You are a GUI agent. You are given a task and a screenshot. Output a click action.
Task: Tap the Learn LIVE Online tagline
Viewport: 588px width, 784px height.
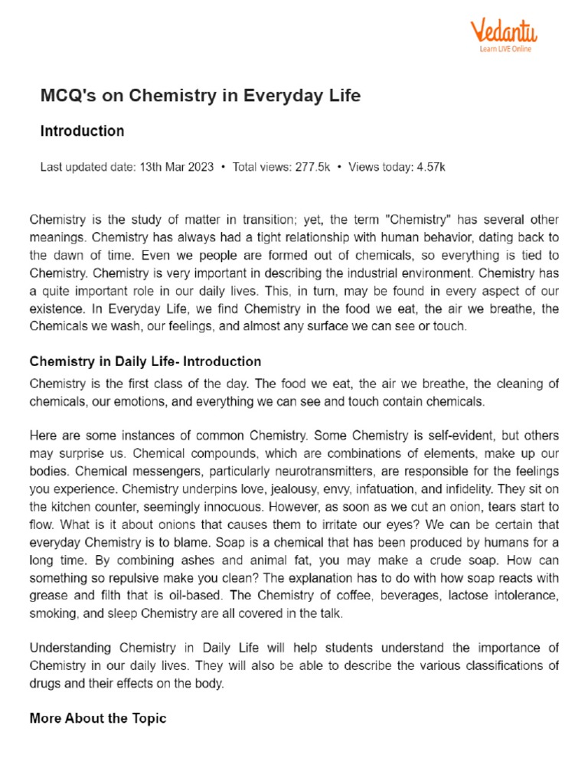[505, 49]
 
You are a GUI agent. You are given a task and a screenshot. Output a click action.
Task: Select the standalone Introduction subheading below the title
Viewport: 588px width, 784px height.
[82, 131]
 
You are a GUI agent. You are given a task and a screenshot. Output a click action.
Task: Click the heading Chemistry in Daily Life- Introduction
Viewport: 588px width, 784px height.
[145, 361]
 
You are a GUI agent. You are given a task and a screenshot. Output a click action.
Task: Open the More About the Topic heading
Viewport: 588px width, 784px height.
[97, 718]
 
